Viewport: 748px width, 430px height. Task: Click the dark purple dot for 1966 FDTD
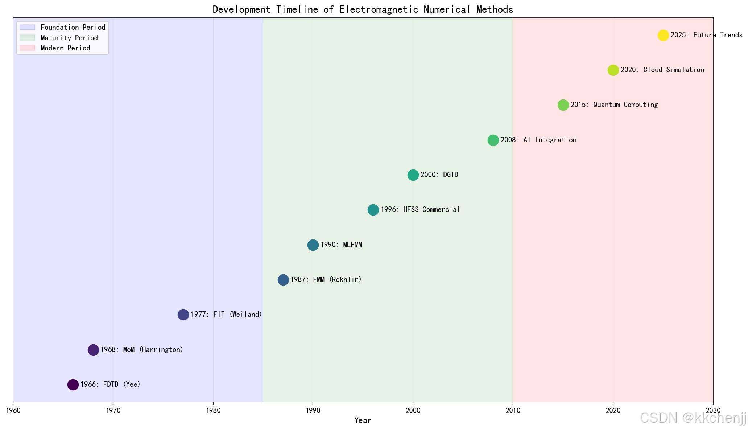click(73, 385)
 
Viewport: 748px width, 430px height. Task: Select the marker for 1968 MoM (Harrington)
click(93, 350)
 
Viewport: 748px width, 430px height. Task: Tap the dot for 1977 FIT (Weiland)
click(183, 315)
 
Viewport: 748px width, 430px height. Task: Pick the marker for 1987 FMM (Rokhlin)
click(283, 280)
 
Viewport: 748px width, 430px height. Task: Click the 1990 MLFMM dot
click(313, 245)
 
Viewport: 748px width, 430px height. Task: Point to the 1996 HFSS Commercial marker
click(373, 210)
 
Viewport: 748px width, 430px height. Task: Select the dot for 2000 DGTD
click(413, 175)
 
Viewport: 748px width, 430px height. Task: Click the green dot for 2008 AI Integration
click(493, 140)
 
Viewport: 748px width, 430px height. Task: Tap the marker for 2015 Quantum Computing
click(563, 105)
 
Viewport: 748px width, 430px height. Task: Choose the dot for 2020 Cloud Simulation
click(613, 70)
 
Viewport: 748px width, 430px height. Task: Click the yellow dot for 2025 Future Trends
click(663, 35)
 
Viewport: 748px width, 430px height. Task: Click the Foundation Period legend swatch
click(28, 27)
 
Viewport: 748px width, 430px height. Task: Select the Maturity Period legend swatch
click(28, 38)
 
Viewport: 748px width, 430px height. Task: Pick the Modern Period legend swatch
click(28, 48)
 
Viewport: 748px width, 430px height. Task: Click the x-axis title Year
click(363, 421)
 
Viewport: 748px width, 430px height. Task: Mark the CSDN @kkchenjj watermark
click(693, 418)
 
